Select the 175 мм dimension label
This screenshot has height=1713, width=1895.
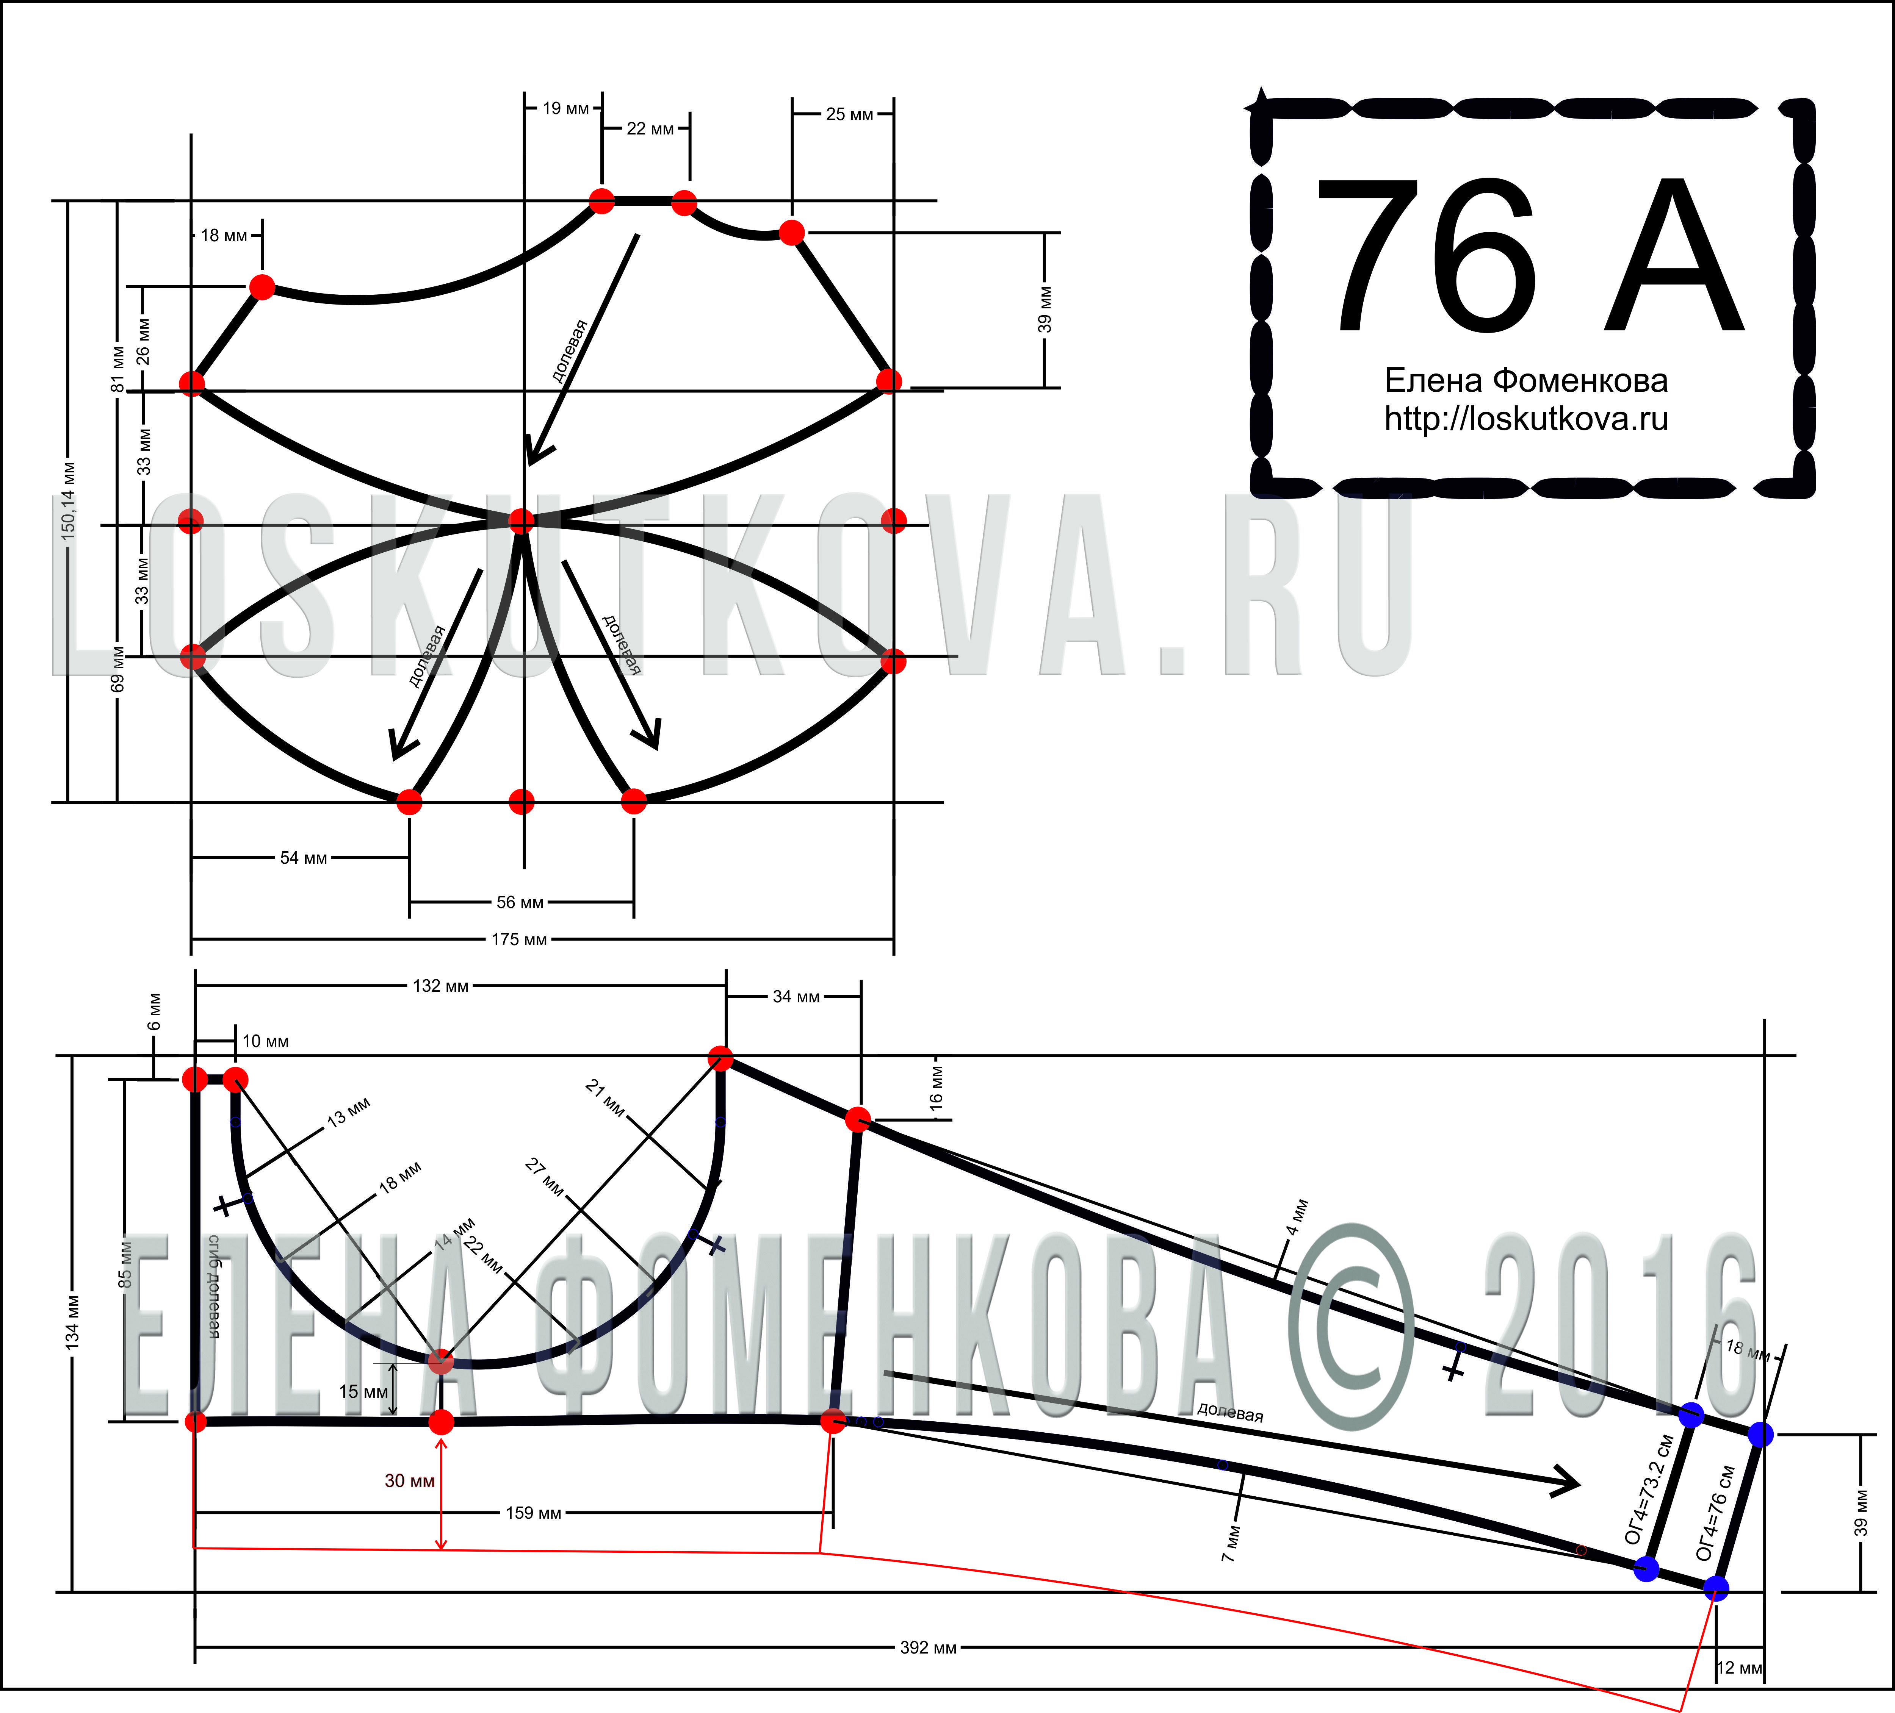click(x=519, y=940)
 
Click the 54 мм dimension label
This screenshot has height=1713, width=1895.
click(x=304, y=858)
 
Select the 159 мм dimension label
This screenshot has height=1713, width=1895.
click(x=533, y=1513)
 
